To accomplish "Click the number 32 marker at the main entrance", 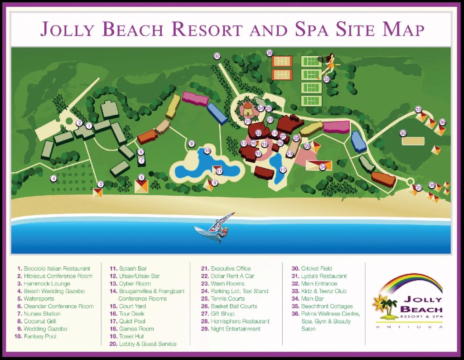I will point(217,56).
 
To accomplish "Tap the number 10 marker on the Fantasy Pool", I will point(207,151).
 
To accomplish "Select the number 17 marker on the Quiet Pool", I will point(283,170).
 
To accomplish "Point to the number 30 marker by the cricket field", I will point(403,133).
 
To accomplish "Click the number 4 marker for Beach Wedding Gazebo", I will point(53,178).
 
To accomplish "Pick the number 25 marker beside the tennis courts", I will point(326,79).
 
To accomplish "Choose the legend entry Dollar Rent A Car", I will point(232,276).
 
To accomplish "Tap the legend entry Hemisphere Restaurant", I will point(240,321).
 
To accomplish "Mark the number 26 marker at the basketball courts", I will point(270,53).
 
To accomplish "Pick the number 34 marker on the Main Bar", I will point(323,166).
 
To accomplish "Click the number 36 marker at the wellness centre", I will point(442,122).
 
